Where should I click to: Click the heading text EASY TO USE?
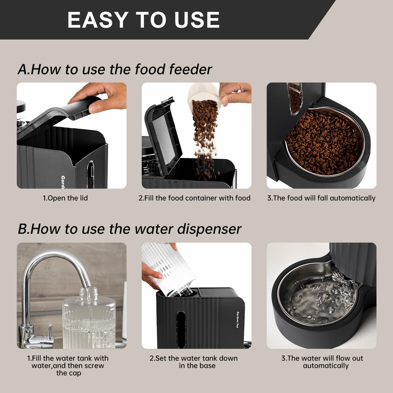(143, 20)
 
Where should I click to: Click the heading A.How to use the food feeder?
(114, 69)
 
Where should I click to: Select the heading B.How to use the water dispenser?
(129, 229)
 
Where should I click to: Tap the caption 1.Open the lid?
(65, 198)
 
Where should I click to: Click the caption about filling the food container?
(194, 198)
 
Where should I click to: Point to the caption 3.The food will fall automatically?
(321, 198)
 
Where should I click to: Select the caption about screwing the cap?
(68, 365)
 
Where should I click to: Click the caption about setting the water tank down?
(194, 362)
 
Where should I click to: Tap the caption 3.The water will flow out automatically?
(322, 362)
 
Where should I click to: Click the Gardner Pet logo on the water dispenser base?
(238, 320)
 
